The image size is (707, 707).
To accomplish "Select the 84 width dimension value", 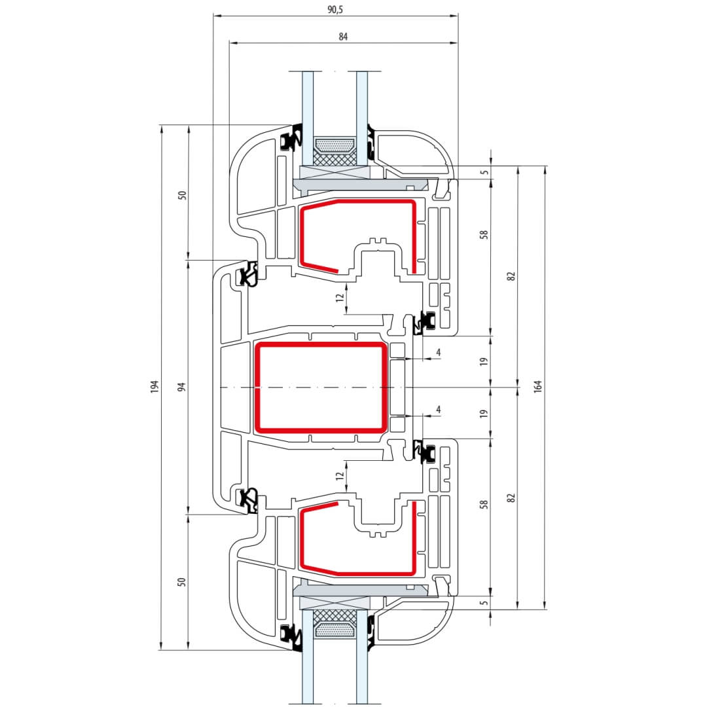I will click(x=342, y=37).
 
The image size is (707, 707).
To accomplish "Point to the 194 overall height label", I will click(x=154, y=387).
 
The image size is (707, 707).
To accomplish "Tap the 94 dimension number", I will click(x=183, y=387).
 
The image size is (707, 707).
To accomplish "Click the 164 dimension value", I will click(x=538, y=387).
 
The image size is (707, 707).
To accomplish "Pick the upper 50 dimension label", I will click(x=183, y=194).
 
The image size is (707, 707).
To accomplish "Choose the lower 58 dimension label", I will click(x=484, y=505).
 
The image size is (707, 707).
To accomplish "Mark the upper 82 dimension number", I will click(x=511, y=276).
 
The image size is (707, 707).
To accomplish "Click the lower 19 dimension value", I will click(x=484, y=414).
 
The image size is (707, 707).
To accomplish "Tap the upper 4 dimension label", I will click(x=438, y=353).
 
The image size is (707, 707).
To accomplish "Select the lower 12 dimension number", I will click(x=339, y=477).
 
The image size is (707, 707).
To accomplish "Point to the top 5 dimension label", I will click(x=484, y=172).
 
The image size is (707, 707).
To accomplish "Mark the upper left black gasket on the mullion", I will click(x=249, y=274).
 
